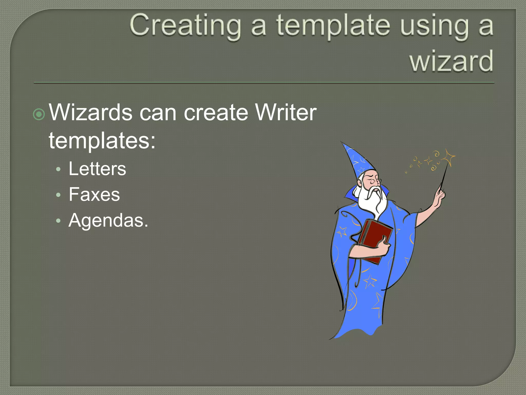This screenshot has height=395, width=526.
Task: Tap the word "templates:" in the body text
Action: [x=102, y=141]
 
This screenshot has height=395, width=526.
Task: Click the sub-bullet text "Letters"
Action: [x=97, y=169]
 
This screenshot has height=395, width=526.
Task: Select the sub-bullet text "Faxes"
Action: [x=94, y=194]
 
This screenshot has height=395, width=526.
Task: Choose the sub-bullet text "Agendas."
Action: [x=108, y=220]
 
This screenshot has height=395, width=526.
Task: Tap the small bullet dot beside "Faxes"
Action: [x=58, y=195]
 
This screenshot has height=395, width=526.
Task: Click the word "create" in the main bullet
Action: [x=216, y=112]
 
